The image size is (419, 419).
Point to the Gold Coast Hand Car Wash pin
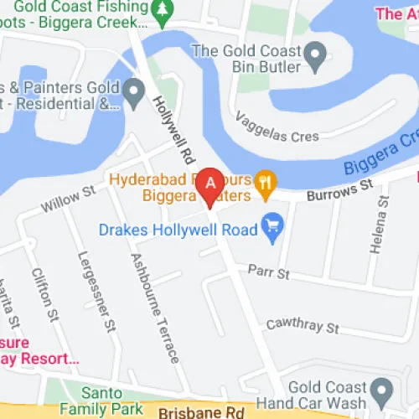tap(383, 389)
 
